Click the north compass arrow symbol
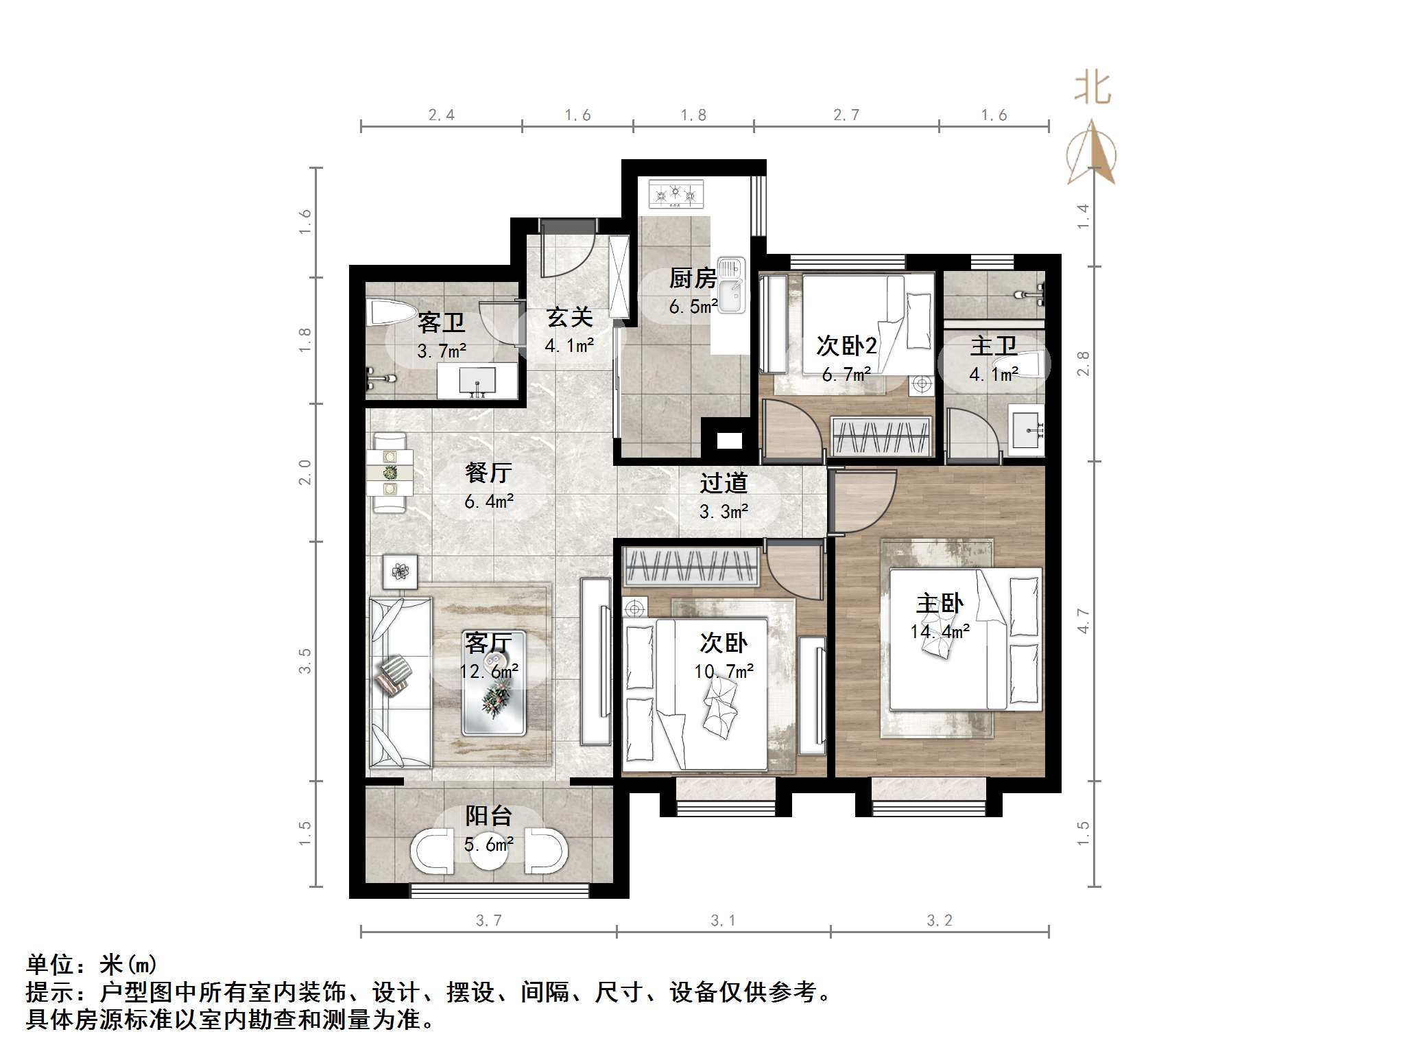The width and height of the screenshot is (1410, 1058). tap(1091, 154)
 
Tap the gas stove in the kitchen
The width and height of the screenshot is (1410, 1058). tap(676, 193)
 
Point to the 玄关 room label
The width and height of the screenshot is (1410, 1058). tap(569, 317)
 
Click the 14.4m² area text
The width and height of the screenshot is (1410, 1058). tap(940, 631)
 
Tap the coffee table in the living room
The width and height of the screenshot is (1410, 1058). tap(493, 683)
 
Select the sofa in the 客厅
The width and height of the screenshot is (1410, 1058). tap(400, 682)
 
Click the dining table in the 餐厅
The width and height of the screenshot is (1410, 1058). tap(390, 472)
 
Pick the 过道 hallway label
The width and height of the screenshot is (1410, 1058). tap(723, 484)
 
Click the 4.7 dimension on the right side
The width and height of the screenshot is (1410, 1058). tap(1083, 621)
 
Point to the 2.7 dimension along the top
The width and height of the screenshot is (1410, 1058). tap(846, 115)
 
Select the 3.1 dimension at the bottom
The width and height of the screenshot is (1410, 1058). tap(723, 921)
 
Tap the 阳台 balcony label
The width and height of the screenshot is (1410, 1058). tap(488, 816)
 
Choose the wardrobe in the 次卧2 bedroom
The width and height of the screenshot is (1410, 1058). tap(881, 436)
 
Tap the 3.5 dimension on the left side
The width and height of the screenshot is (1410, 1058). tap(304, 661)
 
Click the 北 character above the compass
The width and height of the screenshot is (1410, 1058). tap(1092, 90)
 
